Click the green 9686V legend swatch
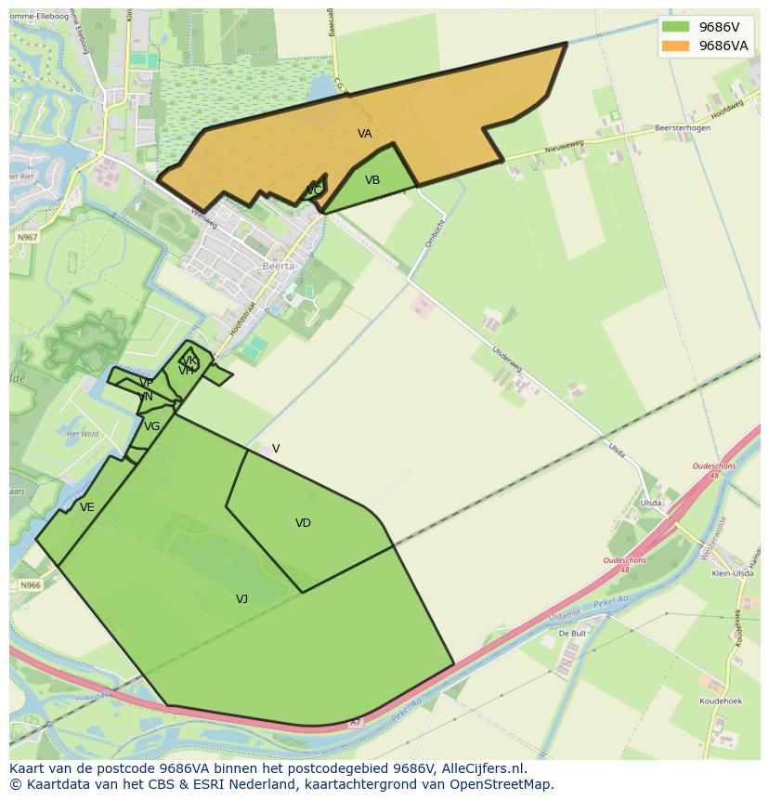[674, 27]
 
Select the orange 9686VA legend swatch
[674, 46]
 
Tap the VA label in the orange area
[365, 134]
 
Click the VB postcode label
[372, 180]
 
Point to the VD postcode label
[303, 523]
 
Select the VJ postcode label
[241, 599]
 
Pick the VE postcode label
[87, 507]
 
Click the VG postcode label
[152, 426]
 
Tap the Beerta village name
[279, 266]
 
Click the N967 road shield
[28, 238]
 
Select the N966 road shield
[31, 585]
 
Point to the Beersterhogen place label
[681, 128]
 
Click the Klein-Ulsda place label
[732, 574]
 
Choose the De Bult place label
[573, 633]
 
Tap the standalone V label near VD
[276, 449]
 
